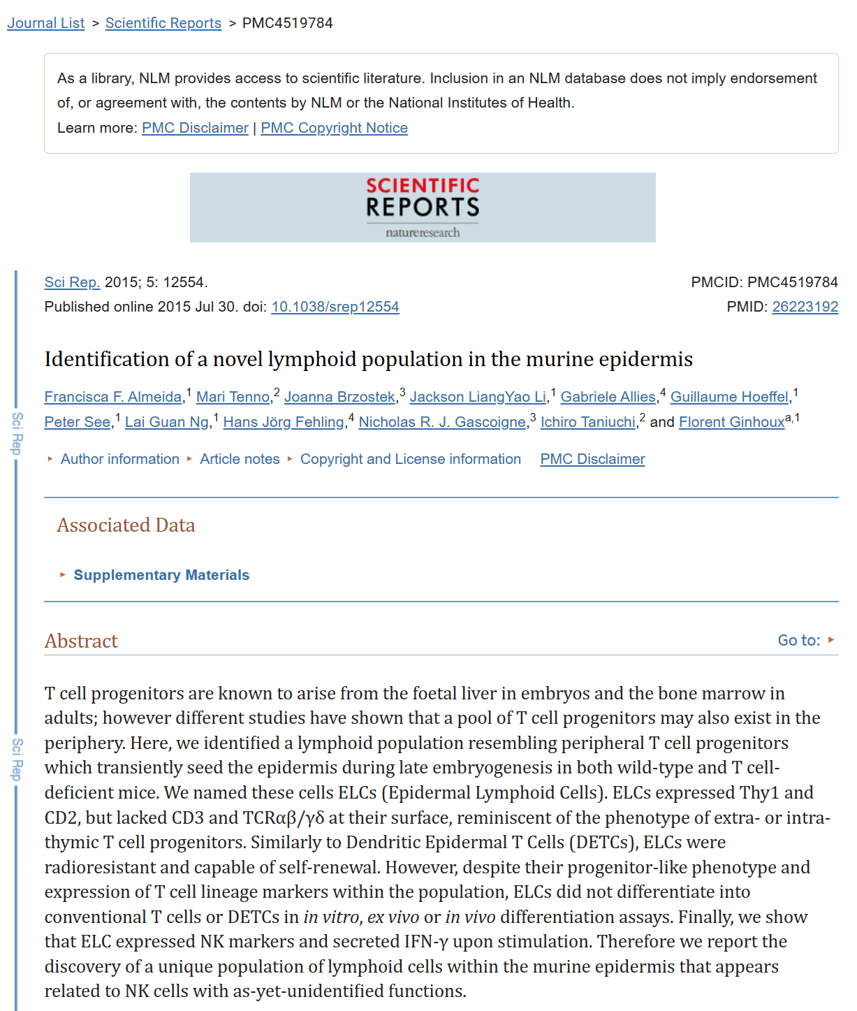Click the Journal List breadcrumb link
(x=45, y=23)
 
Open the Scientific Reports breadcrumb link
(x=163, y=23)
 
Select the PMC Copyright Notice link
(x=334, y=128)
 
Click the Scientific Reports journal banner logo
(x=423, y=208)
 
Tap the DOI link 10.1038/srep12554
(x=335, y=307)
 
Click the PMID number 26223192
(x=805, y=307)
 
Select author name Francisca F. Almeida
(x=113, y=397)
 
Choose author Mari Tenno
(x=233, y=397)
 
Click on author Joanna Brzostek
(x=339, y=397)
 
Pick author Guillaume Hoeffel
(x=729, y=397)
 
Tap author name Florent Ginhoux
(x=731, y=422)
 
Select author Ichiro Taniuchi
(x=587, y=422)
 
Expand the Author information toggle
(x=119, y=459)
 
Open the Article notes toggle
(x=240, y=459)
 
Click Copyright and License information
(x=410, y=459)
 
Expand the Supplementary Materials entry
(x=161, y=575)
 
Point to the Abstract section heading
(x=81, y=641)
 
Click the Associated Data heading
(x=126, y=525)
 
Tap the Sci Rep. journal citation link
(x=72, y=282)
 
